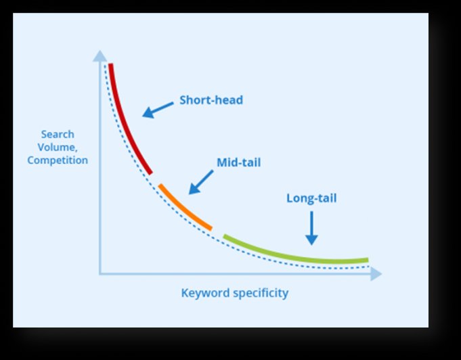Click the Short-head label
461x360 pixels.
click(x=211, y=100)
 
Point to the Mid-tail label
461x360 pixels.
click(x=239, y=162)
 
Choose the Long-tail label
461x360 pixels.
click(x=311, y=198)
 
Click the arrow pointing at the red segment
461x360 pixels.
click(x=158, y=110)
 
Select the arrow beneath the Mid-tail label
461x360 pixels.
click(x=201, y=182)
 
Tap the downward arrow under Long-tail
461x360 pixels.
click(x=311, y=228)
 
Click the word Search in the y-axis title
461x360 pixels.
click(x=58, y=134)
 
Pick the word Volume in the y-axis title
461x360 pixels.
click(x=56, y=148)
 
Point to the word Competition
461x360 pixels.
click(x=58, y=160)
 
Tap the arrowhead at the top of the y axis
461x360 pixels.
click(x=100, y=56)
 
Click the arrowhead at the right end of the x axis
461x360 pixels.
click(x=376, y=274)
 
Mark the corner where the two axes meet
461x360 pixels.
click(x=100, y=274)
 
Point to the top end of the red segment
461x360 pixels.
click(x=110, y=64)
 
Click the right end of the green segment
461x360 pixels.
click(x=368, y=260)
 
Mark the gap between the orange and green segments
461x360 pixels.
click(x=217, y=233)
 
